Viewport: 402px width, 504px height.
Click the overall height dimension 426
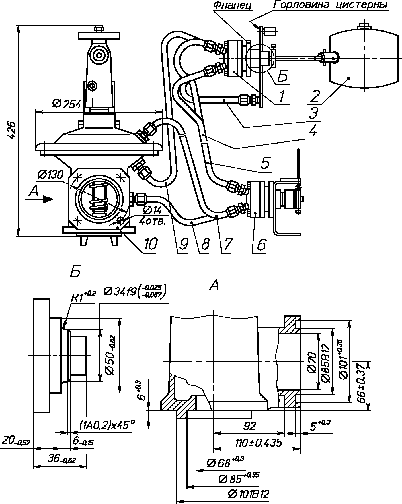click(12, 130)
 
